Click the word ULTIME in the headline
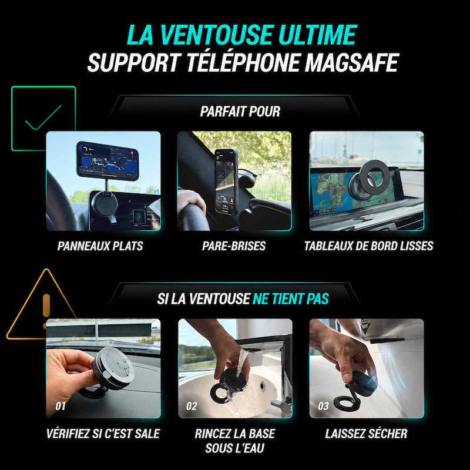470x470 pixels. point(317,35)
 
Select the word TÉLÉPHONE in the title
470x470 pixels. point(243,62)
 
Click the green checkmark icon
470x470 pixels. point(43,117)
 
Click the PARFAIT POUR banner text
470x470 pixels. point(240,112)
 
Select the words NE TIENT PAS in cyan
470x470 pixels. point(291,299)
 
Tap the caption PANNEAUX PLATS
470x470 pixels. point(100,246)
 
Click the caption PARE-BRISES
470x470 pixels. point(234,246)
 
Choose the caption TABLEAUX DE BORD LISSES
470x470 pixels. point(369,246)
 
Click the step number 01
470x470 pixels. point(61,406)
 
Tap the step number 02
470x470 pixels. point(192,406)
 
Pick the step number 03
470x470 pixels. point(324,406)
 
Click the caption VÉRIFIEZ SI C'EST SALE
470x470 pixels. point(103,434)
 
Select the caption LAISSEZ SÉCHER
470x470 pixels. point(366,434)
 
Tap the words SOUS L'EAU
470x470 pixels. point(234,448)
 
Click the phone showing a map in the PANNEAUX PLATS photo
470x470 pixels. point(108,160)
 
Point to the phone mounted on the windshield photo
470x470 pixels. point(226,182)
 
